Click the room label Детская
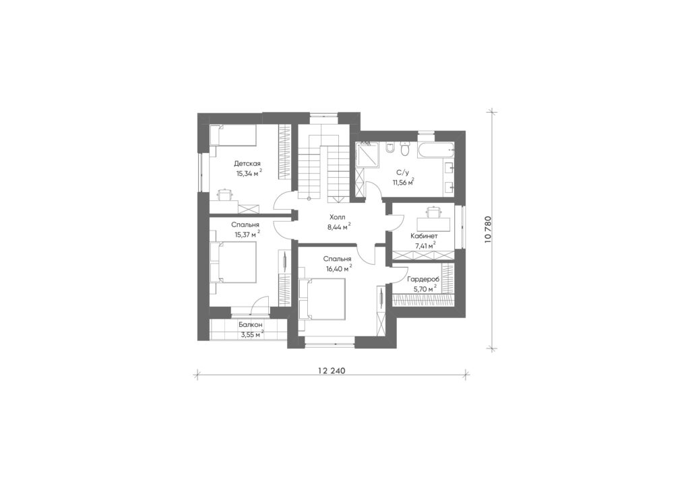click(x=247, y=164)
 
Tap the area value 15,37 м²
click(x=248, y=234)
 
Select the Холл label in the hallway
click(x=338, y=218)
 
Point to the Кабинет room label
click(x=424, y=236)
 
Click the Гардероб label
click(x=423, y=279)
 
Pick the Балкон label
click(x=251, y=325)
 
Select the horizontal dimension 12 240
click(x=332, y=371)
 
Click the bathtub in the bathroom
click(x=436, y=152)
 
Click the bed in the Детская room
click(x=232, y=135)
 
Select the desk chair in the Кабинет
click(x=433, y=212)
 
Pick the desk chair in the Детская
click(x=225, y=193)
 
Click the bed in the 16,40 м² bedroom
click(x=322, y=299)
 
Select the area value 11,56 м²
click(x=403, y=181)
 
